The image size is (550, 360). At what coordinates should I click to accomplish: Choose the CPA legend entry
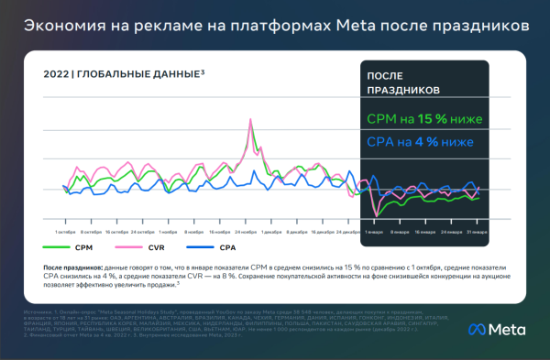tap(214, 247)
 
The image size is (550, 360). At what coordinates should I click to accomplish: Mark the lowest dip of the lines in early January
tap(376, 216)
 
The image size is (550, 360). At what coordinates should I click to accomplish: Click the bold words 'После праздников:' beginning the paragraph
tap(75, 264)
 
